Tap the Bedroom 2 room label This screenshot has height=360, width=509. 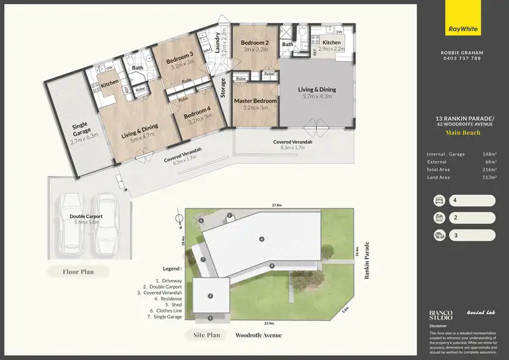[255, 42]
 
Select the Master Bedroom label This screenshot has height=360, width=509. [255, 101]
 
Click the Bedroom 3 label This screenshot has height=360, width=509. [180, 59]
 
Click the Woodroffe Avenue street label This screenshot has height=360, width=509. [259, 336]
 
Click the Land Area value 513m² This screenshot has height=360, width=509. [488, 178]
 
